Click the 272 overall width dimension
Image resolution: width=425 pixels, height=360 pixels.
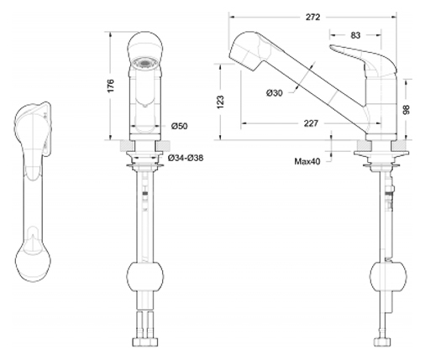coord(312,17)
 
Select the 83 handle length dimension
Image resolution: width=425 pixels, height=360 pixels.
coord(355,35)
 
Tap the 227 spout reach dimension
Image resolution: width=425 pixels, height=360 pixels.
coord(311,123)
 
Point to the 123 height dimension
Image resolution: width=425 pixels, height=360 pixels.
coord(221,102)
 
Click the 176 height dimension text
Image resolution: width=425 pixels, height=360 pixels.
coord(111,86)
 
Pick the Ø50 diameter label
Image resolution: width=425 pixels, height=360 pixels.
coord(180,126)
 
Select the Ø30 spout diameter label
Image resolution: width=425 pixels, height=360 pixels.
coord(275,93)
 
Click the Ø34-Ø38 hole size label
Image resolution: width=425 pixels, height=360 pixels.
coord(186,158)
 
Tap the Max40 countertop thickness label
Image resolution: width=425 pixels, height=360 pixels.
coord(307,161)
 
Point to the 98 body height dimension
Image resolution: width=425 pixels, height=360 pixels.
coord(407,109)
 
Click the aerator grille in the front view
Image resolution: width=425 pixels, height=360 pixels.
coord(144,64)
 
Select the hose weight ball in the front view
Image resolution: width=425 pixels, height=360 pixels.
coord(144,277)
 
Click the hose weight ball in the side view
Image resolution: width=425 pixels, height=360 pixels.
coord(388,277)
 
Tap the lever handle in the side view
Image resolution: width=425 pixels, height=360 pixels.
coord(364,60)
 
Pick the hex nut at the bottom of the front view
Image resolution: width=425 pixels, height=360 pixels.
coord(144,342)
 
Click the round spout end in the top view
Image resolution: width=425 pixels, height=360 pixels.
coord(33,263)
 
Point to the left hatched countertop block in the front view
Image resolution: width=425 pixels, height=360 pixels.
coord(127,145)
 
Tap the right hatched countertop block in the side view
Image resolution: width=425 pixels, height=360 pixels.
coord(399,145)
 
